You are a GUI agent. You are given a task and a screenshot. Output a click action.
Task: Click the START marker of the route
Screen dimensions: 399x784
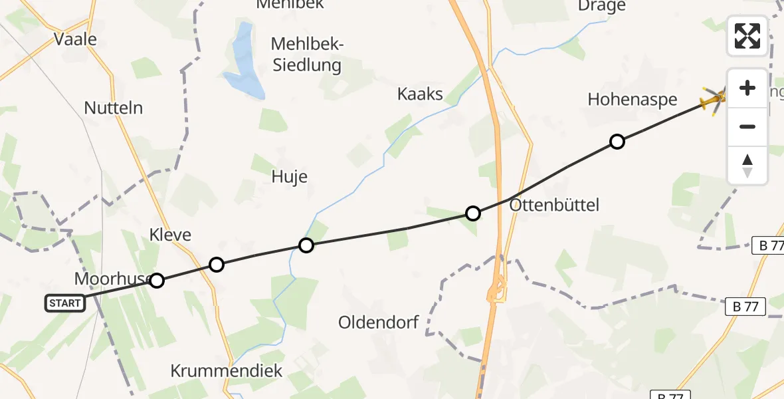tap(65, 303)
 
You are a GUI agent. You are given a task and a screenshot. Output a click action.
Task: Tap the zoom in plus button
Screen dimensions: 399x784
tap(747, 88)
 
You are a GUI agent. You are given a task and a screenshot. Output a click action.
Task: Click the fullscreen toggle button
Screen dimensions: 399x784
tap(747, 36)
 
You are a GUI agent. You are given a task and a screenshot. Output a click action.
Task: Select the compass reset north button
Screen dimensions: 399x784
tap(747, 165)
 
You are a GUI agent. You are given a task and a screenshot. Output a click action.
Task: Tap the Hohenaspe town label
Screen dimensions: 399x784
tap(633, 100)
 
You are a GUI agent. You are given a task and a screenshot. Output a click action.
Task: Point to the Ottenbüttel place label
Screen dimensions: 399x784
tap(554, 205)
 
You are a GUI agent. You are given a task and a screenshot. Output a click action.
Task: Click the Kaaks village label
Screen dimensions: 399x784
tap(420, 94)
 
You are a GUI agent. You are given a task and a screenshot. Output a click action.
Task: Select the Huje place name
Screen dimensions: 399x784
tap(290, 176)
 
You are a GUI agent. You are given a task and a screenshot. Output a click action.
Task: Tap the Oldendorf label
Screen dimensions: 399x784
tap(379, 323)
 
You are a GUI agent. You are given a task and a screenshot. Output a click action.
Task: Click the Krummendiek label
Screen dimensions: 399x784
tap(227, 370)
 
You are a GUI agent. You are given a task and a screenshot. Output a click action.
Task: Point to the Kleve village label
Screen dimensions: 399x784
tap(170, 234)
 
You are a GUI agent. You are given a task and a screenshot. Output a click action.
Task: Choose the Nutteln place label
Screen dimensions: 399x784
tap(114, 108)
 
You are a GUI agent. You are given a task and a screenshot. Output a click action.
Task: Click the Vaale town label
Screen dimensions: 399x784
tap(75, 39)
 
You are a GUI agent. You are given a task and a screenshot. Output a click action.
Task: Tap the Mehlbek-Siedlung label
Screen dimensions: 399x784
tap(306, 55)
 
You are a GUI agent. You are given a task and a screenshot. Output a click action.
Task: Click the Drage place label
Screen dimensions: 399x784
tap(602, 7)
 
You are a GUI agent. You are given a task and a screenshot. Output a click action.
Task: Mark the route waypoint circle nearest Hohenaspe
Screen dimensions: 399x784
tap(617, 142)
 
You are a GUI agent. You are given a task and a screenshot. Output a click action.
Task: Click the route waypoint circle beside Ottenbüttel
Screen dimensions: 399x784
tap(472, 213)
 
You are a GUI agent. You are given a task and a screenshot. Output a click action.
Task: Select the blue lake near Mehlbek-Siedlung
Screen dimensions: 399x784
tap(243, 63)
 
